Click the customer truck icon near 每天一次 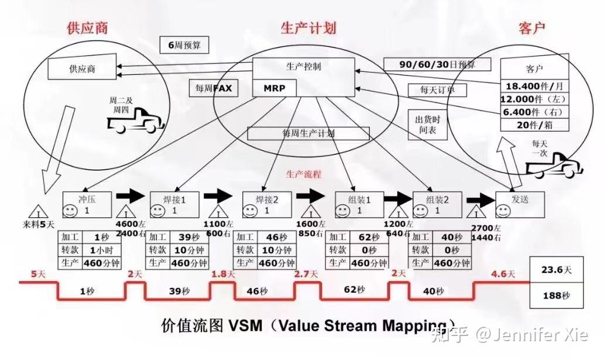click(554, 167)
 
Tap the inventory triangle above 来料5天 click(38, 211)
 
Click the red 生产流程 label click(303, 174)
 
